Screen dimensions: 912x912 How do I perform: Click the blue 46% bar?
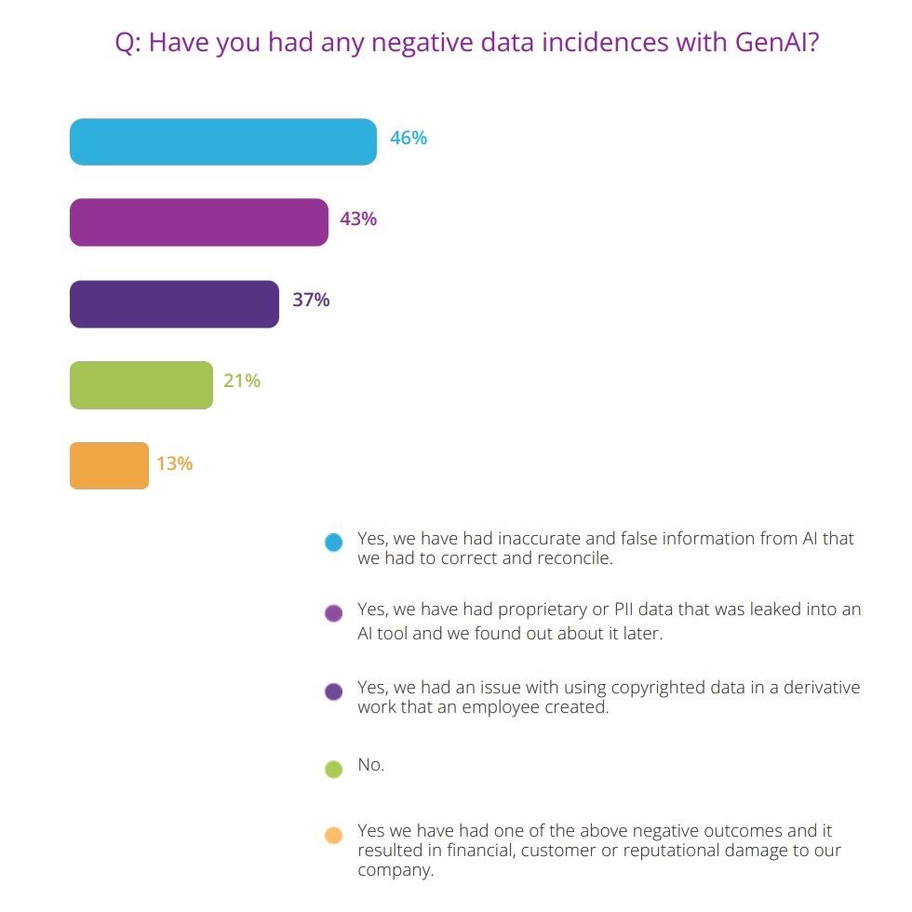click(223, 141)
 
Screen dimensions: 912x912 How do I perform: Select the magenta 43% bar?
click(199, 222)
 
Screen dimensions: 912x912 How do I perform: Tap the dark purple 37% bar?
click(175, 304)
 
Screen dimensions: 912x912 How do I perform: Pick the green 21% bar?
click(141, 385)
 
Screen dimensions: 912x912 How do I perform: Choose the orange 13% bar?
click(110, 465)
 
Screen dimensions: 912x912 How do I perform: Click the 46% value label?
click(409, 138)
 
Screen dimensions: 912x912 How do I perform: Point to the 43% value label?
click(358, 219)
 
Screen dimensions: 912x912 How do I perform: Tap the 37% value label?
click(311, 300)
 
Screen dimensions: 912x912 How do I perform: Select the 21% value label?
click(242, 381)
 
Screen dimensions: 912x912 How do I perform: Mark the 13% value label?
click(175, 463)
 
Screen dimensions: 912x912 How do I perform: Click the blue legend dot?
click(334, 542)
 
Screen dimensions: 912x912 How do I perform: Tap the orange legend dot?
click(334, 836)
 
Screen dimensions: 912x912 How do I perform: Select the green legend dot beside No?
click(334, 769)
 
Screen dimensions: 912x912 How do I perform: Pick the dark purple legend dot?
click(334, 691)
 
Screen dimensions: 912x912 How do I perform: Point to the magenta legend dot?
click(334, 613)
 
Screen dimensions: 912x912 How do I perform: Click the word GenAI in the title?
click(777, 42)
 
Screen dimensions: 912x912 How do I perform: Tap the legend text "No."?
click(371, 764)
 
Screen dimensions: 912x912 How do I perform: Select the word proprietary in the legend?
click(543, 610)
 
